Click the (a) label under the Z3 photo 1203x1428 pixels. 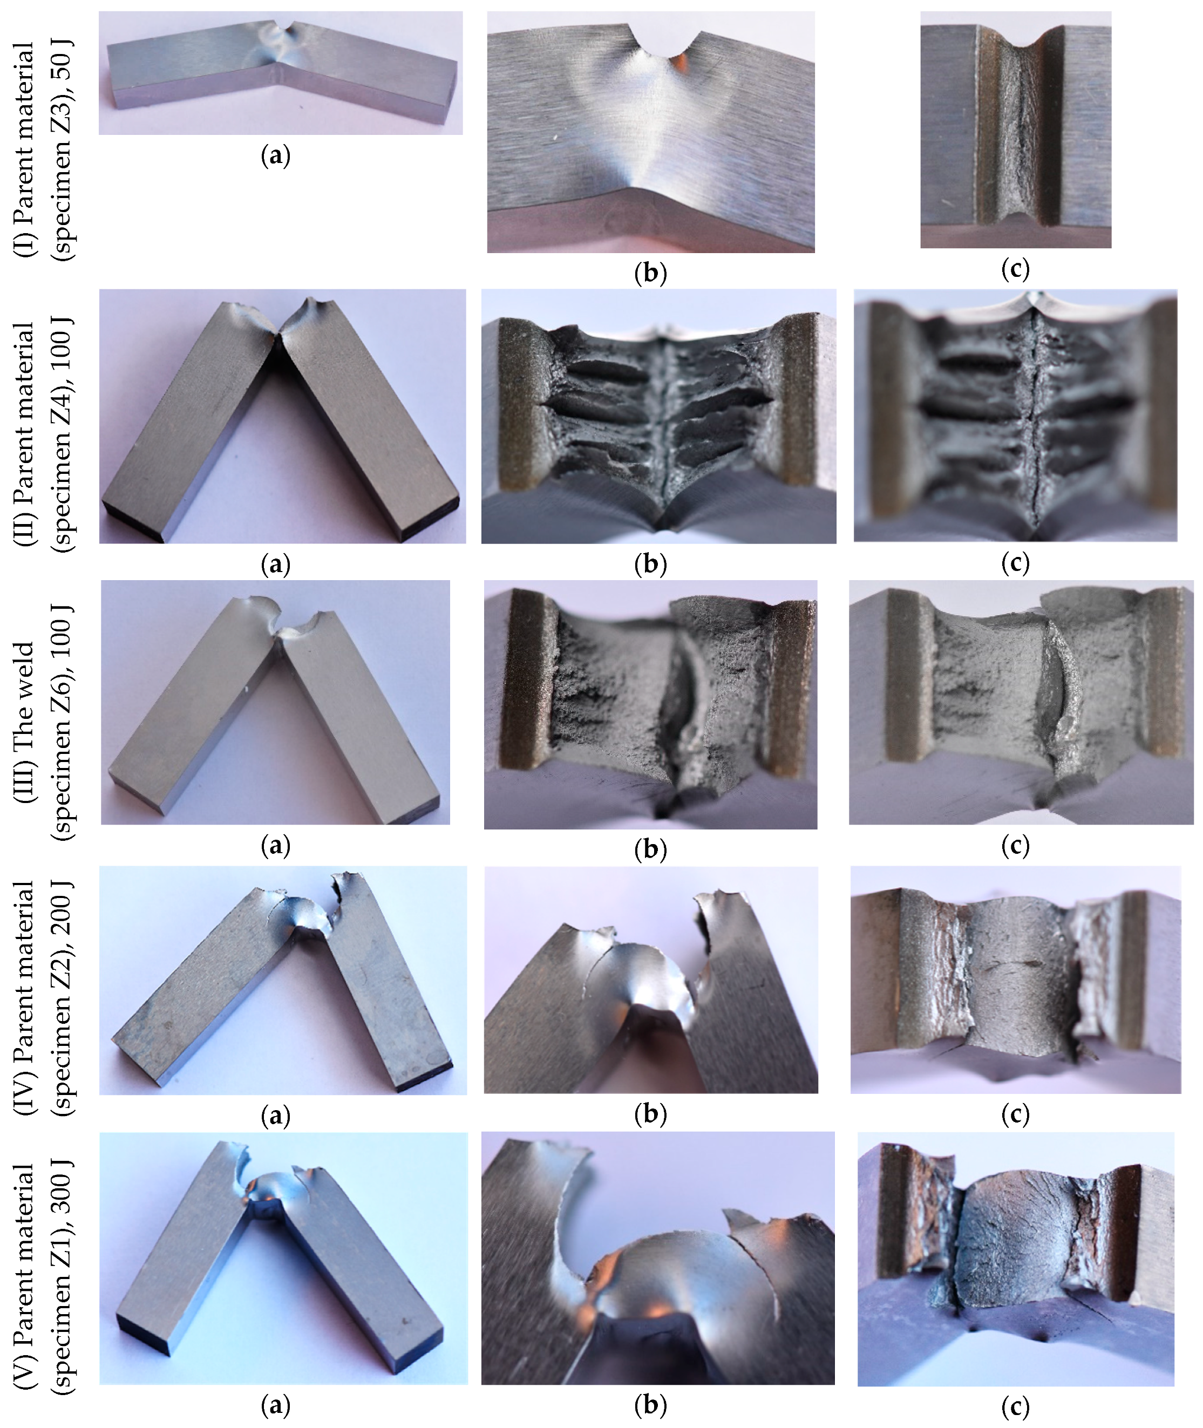[x=275, y=156]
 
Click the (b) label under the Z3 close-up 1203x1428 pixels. [x=650, y=274]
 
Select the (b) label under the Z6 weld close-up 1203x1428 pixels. [x=650, y=849]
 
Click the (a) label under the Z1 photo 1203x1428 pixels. [x=275, y=1405]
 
